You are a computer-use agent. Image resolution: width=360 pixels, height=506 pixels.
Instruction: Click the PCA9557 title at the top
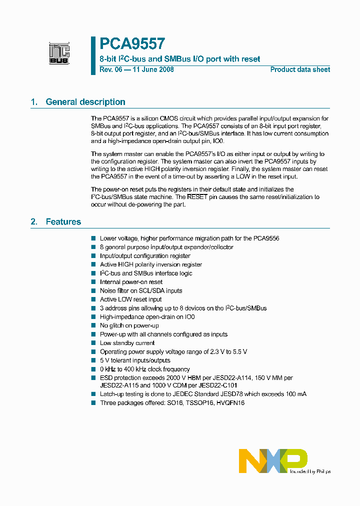click(132, 44)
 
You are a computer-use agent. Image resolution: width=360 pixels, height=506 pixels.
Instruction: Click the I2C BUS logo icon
click(59, 53)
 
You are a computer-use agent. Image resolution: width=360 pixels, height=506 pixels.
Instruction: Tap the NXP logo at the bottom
click(273, 460)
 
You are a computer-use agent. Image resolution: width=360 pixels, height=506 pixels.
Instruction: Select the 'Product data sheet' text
click(300, 70)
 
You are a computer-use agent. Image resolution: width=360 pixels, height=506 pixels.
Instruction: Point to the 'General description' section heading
click(85, 102)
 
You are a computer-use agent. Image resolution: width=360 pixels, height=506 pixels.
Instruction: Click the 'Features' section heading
click(63, 222)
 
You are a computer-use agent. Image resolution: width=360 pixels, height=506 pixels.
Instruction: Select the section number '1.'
click(34, 102)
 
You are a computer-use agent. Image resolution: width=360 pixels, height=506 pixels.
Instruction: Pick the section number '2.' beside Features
click(34, 222)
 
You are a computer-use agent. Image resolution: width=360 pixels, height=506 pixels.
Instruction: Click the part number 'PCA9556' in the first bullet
click(266, 238)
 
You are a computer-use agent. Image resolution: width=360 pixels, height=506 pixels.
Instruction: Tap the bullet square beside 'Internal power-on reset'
click(93, 282)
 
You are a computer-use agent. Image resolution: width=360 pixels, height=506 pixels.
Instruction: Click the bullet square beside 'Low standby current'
click(93, 343)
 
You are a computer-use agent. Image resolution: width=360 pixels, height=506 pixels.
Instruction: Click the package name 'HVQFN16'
click(230, 403)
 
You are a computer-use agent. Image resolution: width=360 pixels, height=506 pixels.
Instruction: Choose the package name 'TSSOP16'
click(198, 403)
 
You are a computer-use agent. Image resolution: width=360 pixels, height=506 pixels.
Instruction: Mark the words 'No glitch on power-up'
click(129, 325)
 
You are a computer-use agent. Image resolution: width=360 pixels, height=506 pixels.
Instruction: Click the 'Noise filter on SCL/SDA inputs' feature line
click(141, 290)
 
